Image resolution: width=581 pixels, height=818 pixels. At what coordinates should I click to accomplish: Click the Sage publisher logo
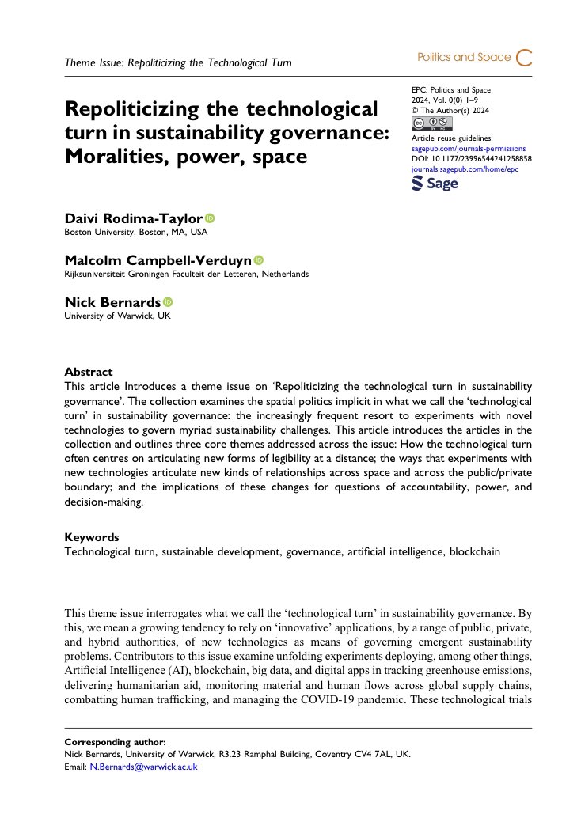(x=435, y=183)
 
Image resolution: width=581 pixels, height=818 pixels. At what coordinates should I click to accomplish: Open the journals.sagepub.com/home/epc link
(x=465, y=168)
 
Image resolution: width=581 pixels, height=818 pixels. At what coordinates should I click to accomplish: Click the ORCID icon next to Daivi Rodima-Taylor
(x=210, y=218)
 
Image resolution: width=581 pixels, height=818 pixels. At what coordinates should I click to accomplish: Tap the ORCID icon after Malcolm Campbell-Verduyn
(x=259, y=260)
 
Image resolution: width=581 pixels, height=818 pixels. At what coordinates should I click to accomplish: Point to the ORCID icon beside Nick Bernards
(x=168, y=302)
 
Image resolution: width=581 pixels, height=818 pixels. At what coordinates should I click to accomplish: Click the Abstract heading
(x=88, y=372)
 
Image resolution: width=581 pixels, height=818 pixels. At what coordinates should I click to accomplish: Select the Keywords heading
(x=91, y=536)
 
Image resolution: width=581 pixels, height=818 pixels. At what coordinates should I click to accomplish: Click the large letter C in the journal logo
(x=523, y=57)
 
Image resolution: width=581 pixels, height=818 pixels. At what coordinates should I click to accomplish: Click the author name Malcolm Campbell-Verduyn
(x=158, y=260)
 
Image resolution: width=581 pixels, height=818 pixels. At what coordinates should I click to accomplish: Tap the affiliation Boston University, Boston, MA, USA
(x=135, y=232)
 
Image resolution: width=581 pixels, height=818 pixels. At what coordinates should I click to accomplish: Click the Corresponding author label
(x=115, y=742)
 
